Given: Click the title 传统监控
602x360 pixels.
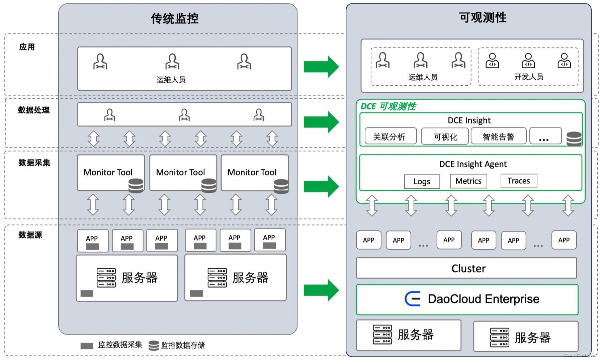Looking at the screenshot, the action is coord(174,18).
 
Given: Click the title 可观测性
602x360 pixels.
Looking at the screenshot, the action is coord(483,17).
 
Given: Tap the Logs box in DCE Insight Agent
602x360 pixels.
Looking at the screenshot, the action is coord(422,181).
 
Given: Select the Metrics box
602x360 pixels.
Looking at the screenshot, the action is coord(468,181).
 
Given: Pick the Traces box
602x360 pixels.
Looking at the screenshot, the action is coord(519,181).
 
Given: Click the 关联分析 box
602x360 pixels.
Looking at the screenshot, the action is coord(391,136).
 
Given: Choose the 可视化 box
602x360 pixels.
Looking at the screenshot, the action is coord(445,136).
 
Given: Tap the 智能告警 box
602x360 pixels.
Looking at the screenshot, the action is coord(498,136).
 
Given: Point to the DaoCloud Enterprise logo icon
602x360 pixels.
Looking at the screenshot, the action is coord(412,299).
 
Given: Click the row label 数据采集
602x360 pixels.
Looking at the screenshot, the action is coord(34,163).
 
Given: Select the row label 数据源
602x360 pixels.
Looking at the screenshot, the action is coord(30,235).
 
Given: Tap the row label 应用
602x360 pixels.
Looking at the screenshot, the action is coord(27,47).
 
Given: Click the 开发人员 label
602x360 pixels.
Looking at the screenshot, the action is coord(529,77).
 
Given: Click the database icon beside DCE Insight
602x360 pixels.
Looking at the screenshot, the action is coord(574,139).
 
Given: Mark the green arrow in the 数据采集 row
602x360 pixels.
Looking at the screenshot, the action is coord(321,186).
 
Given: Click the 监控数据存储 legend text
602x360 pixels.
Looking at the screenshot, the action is coord(183,345).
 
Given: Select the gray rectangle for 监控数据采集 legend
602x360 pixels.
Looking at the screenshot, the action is coord(87,346).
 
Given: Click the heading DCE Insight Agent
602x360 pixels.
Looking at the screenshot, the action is coord(473,164).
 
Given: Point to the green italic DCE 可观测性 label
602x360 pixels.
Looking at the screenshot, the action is coord(388,106).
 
